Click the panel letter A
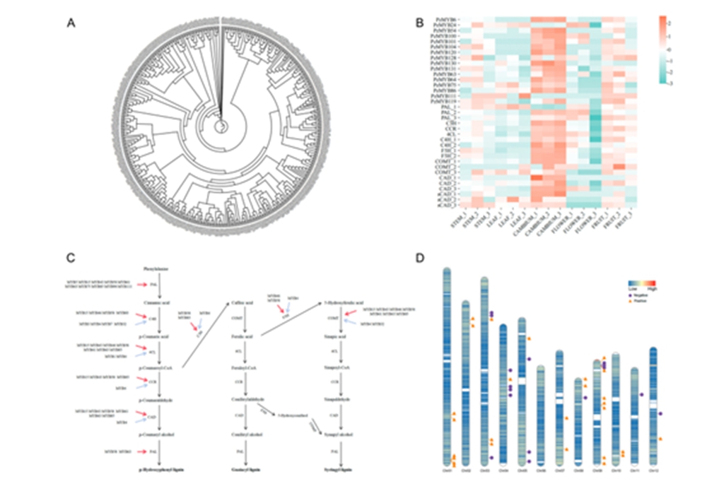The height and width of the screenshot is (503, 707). point(71,23)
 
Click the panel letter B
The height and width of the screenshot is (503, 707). point(419,23)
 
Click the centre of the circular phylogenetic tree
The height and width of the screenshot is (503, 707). point(221,126)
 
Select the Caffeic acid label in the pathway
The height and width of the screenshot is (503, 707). point(244,303)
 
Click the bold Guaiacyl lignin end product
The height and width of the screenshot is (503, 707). point(245,469)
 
